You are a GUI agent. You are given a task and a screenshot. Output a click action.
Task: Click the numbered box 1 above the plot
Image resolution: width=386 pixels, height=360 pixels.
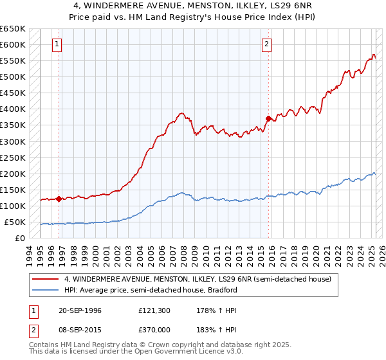point(57,44)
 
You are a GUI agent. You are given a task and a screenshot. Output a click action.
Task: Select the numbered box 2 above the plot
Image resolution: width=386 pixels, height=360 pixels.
point(266,44)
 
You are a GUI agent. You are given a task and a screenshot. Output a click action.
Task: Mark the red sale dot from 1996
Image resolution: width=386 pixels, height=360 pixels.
point(59,199)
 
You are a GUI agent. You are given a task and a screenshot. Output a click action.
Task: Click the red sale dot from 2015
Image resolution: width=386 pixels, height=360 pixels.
point(268,118)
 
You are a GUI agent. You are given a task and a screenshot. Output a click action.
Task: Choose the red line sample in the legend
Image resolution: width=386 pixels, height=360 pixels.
point(46,280)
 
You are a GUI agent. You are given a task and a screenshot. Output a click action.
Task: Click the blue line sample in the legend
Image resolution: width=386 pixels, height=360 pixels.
point(46,290)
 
